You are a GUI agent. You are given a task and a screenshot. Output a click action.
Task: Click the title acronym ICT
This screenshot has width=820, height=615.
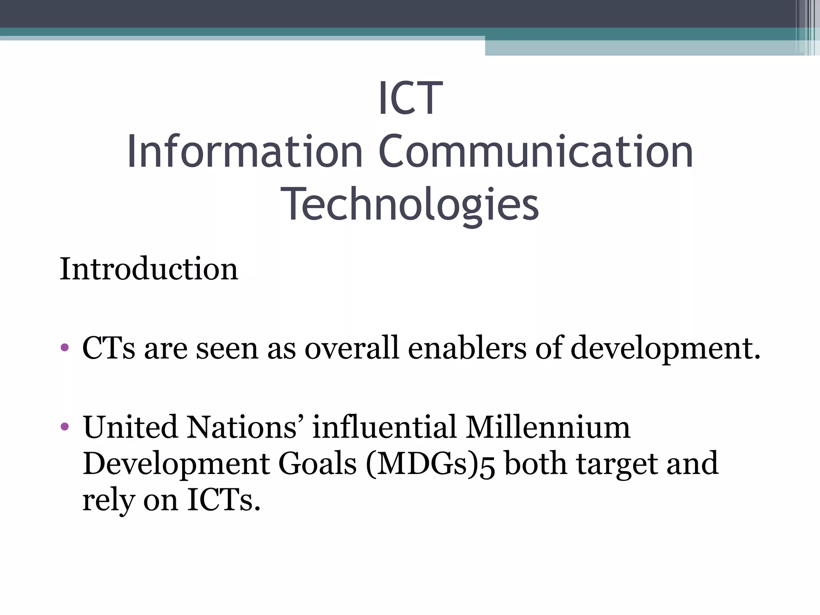(410, 98)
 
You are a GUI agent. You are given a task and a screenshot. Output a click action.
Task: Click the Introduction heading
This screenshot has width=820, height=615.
(149, 269)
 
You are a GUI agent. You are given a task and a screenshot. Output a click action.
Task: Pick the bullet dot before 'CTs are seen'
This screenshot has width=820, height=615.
(64, 347)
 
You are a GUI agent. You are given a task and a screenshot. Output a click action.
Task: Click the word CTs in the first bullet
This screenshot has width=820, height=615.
(109, 348)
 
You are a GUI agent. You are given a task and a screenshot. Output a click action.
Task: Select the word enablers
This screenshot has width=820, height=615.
(467, 348)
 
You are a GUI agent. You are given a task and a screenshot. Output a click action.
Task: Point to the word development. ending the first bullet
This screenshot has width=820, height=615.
(665, 348)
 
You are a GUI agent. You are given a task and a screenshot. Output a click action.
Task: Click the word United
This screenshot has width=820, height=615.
(130, 427)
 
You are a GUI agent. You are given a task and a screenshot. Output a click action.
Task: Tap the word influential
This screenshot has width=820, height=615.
(384, 427)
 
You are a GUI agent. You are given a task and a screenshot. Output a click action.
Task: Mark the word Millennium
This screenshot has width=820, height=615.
(548, 427)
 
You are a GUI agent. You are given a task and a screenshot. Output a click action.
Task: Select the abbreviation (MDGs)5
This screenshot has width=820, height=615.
(430, 464)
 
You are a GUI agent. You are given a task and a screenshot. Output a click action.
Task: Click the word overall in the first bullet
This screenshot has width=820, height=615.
(352, 348)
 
